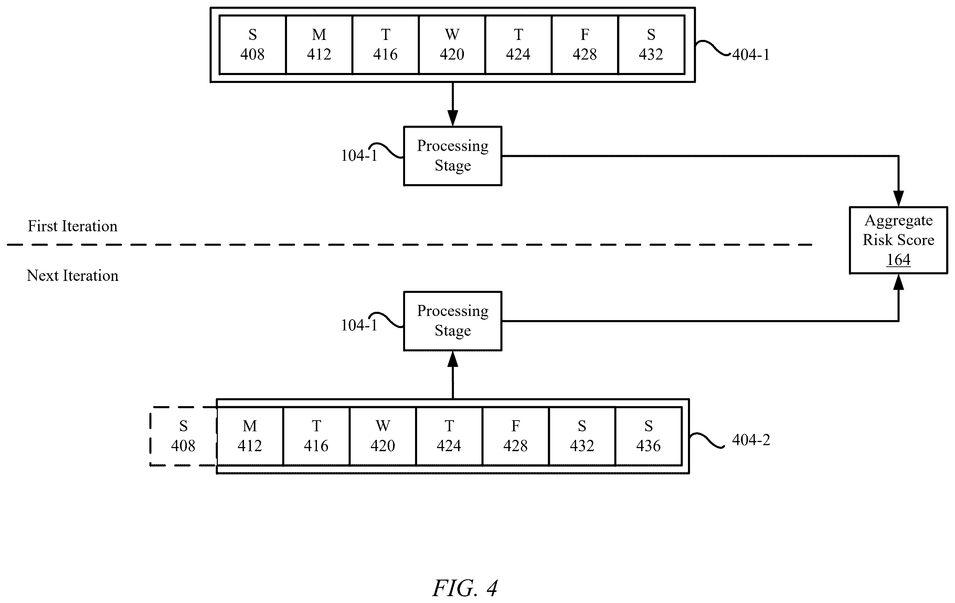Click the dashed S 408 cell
(183, 436)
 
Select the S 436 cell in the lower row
(648, 436)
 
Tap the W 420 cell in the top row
(452, 45)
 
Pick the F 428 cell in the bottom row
(516, 436)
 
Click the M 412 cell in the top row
(319, 45)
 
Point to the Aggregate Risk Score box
(898, 240)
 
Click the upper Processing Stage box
(453, 156)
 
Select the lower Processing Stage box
(453, 321)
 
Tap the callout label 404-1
(751, 54)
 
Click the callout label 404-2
(751, 440)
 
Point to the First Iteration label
(73, 226)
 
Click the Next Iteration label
(73, 276)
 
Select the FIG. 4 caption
(465, 588)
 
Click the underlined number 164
(898, 260)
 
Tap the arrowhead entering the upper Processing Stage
(453, 118)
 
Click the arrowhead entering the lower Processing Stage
(453, 359)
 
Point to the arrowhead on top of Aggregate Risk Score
(898, 198)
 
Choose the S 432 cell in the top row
(651, 45)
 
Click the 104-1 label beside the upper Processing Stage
(359, 156)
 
